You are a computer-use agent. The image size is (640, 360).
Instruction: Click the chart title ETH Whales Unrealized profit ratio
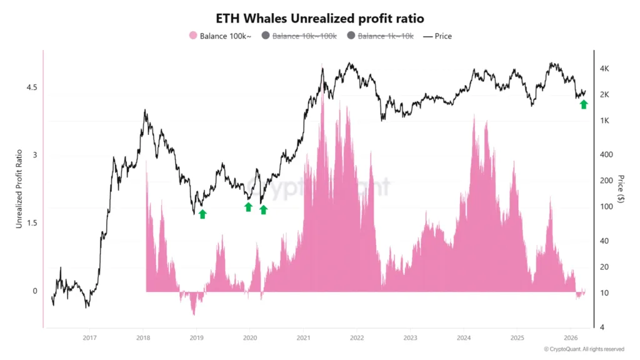[x=319, y=19]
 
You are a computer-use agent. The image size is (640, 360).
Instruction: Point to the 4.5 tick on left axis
[x=31, y=87]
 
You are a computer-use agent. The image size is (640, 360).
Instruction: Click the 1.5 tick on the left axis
[x=31, y=223]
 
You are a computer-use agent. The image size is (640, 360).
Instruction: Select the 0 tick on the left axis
[x=34, y=291]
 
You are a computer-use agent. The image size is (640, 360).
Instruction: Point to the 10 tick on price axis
[x=606, y=292]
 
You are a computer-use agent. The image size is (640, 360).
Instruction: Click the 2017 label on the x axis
[x=89, y=337]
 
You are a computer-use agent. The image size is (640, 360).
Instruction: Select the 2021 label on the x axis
[x=302, y=337]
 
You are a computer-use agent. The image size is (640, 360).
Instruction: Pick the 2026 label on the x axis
[x=569, y=337]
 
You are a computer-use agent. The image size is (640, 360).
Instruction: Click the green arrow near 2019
[x=202, y=214]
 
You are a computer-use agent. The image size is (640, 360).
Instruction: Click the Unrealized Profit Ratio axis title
[x=19, y=188]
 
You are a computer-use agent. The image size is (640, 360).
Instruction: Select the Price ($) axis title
[x=621, y=188]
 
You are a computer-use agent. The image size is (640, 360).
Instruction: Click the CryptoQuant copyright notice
[x=584, y=349]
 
